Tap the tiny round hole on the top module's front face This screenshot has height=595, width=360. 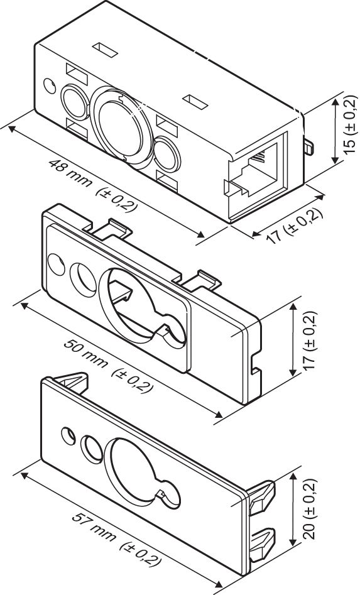pos(50,85)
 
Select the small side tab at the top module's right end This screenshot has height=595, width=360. pos(308,146)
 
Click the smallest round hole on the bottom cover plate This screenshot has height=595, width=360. pos(68,436)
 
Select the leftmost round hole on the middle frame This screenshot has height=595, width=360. pos(56,265)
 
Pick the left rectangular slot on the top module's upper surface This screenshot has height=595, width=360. pos(106,48)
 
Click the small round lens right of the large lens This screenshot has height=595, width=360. pos(167,153)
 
